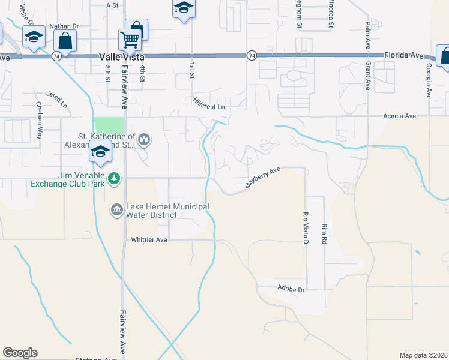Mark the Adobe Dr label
(292, 289)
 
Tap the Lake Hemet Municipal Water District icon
(116, 209)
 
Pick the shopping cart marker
(130, 40)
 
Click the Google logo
(20, 353)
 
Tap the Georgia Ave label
(429, 81)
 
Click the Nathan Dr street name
(64, 26)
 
